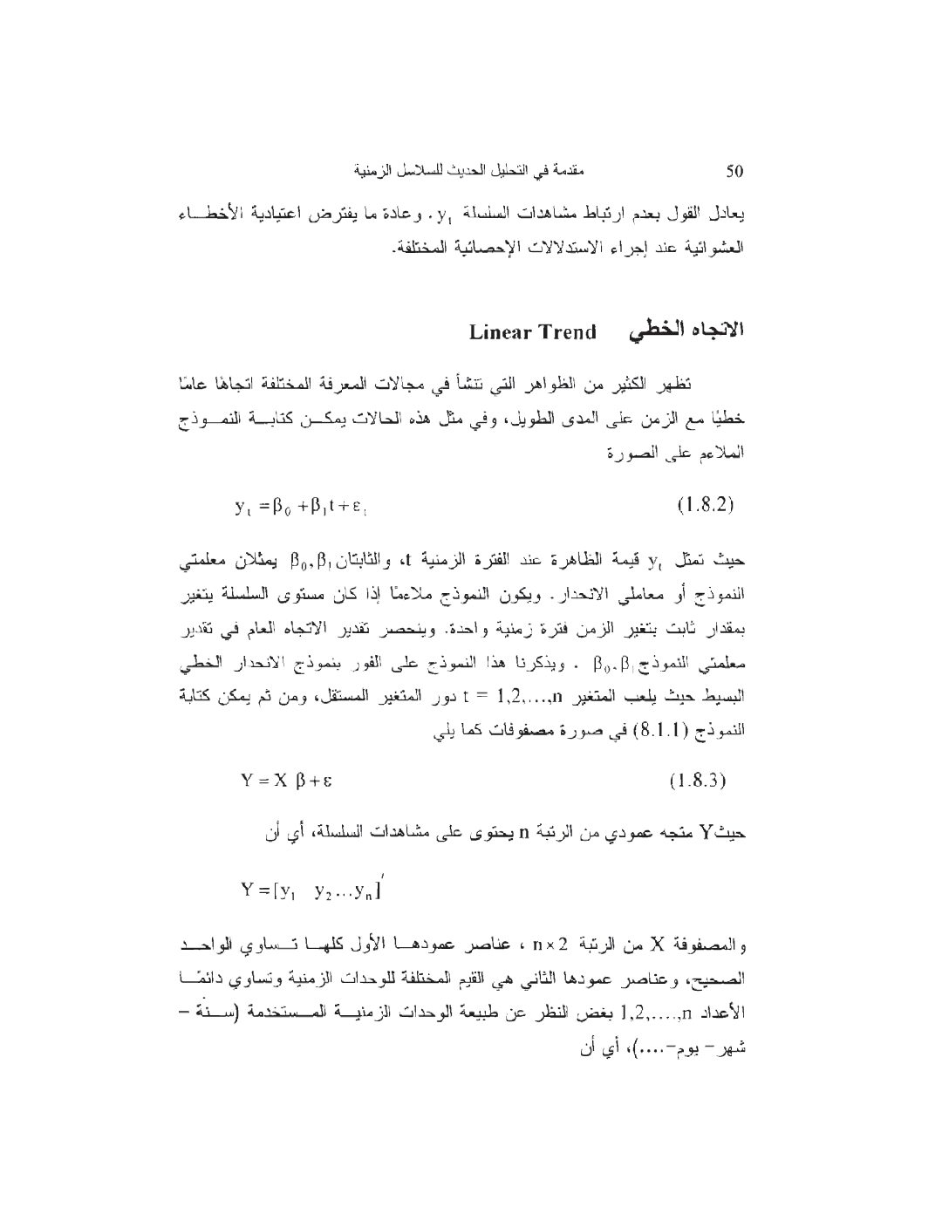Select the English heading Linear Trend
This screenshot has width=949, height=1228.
533,332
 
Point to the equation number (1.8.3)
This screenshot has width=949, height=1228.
698,780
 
